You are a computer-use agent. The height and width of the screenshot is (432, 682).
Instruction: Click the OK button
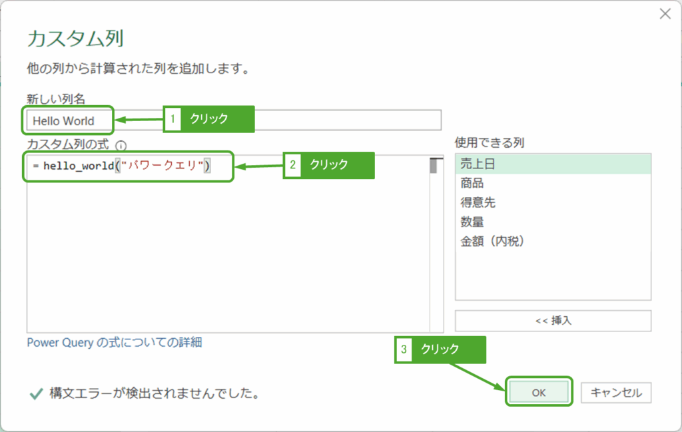point(539,393)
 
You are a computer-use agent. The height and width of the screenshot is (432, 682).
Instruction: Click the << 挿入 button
point(553,320)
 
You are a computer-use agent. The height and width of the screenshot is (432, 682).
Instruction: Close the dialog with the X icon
point(665,14)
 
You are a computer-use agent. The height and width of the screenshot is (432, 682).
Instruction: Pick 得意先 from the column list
point(478,202)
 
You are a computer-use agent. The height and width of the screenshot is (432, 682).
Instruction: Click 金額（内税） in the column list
point(492,241)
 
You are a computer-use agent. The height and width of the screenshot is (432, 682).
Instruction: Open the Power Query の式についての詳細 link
point(114,343)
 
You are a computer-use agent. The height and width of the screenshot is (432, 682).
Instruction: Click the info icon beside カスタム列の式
point(121,144)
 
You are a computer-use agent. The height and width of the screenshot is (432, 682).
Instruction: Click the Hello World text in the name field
point(63,120)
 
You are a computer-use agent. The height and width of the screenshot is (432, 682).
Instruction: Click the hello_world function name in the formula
point(79,166)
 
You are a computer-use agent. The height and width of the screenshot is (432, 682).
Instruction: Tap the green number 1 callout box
point(172,119)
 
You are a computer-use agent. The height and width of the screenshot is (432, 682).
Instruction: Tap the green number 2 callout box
point(292,165)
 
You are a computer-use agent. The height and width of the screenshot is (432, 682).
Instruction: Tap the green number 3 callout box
point(404,349)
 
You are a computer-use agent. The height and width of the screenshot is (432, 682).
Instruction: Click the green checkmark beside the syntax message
point(37,393)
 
